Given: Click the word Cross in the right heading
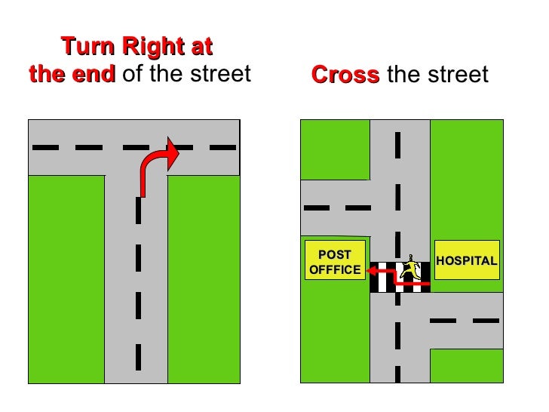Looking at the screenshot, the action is tap(345, 75).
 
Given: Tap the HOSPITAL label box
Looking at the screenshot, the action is tap(468, 261).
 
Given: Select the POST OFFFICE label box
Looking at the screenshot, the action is tap(335, 261).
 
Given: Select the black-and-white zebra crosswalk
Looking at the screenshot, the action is tap(399, 277).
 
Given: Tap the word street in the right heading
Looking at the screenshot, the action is tap(456, 75).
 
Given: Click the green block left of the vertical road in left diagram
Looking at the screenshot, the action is tap(66, 279).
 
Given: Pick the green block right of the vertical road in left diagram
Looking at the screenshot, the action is tap(203, 279).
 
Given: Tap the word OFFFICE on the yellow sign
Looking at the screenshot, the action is tap(335, 270).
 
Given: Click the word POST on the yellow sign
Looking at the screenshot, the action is tap(335, 254).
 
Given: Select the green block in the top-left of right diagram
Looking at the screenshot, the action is tap(334, 149).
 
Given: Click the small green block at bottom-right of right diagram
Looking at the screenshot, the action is tap(465, 365).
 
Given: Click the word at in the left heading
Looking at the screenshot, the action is tap(200, 48).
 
